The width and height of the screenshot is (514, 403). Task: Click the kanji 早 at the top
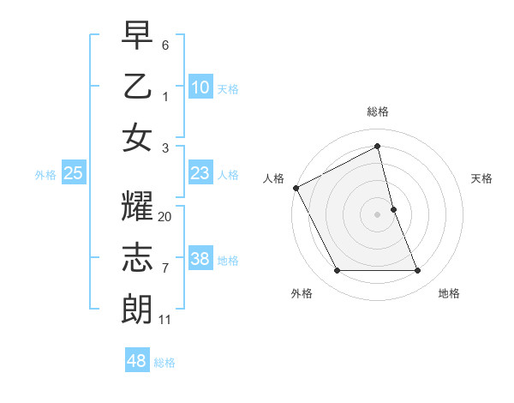[137, 35]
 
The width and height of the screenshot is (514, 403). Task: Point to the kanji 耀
[137, 207]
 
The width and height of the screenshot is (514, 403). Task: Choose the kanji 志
[137, 257]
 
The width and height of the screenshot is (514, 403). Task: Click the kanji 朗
[137, 308]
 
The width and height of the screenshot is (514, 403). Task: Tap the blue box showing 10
[200, 87]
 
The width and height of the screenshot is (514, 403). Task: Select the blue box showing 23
[200, 173]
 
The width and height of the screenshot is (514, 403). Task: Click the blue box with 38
[200, 259]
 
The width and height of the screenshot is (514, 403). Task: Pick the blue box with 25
[74, 173]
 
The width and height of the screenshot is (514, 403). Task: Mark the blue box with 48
[136, 361]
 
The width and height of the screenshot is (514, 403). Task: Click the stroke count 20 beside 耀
[165, 217]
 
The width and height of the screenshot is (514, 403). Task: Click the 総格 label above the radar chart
[378, 111]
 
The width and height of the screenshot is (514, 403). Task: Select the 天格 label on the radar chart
[482, 178]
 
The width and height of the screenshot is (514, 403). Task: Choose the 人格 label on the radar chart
[274, 178]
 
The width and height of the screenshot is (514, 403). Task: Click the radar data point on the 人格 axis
[296, 187]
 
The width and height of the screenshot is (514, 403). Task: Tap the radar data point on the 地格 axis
[418, 271]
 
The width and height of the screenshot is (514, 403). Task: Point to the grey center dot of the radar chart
[378, 214]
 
